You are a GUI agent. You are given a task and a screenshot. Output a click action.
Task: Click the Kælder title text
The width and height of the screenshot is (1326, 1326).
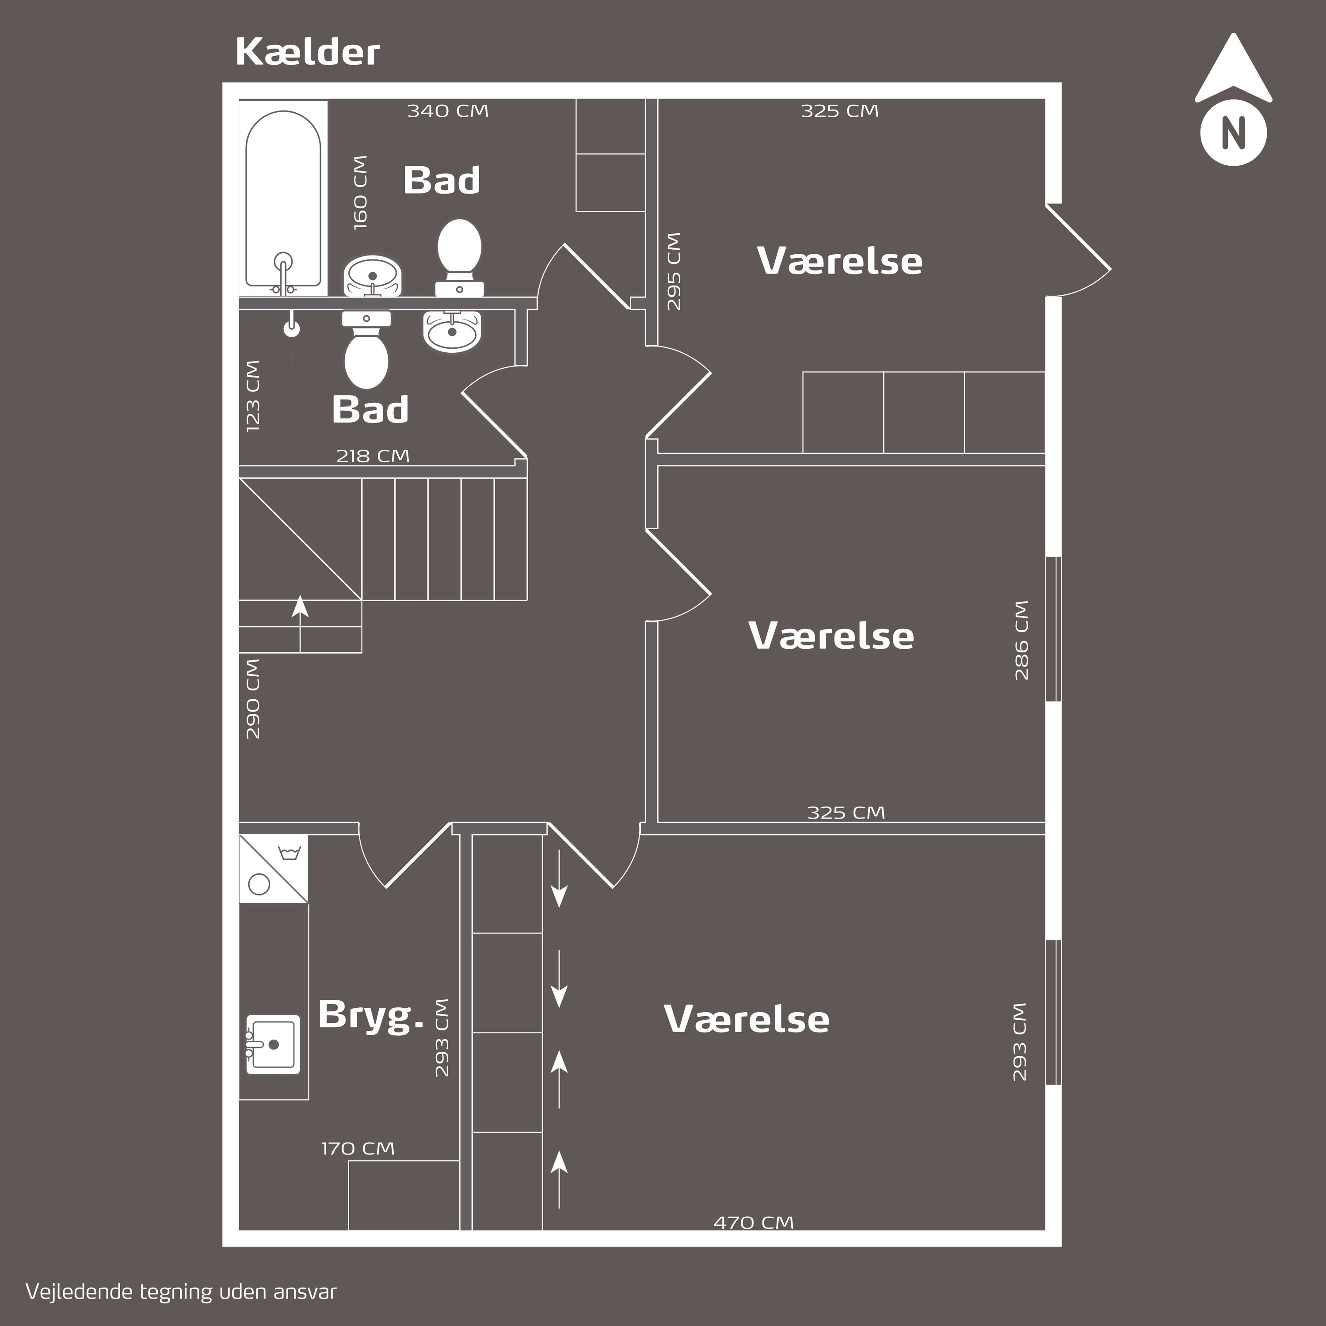coord(308,52)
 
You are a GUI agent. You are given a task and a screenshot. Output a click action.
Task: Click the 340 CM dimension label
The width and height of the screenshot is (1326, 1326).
coord(448,110)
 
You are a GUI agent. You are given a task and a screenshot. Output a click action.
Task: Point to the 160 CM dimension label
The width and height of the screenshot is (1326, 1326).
coord(360,192)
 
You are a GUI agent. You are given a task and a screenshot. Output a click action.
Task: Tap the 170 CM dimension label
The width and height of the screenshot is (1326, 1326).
coord(358,1148)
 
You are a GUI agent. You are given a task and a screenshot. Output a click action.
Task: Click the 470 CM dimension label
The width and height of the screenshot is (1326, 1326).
coord(754,1223)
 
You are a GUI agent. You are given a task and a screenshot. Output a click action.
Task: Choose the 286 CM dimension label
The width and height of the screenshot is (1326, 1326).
coord(1021,640)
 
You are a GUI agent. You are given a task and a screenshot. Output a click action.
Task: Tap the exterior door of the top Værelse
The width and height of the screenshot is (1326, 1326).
coord(1078,251)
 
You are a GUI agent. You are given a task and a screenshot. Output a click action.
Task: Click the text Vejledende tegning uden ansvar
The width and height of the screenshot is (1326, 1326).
coord(181,1292)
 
